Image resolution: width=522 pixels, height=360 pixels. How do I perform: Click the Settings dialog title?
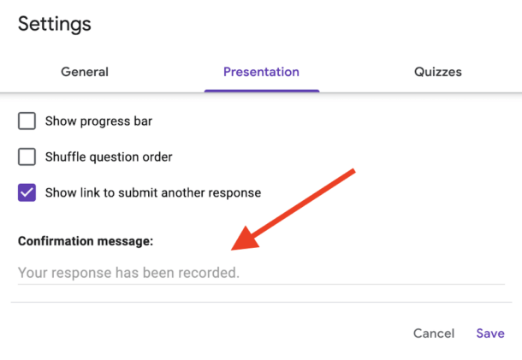click(x=55, y=24)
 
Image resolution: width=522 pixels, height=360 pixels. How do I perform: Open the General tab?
click(x=85, y=72)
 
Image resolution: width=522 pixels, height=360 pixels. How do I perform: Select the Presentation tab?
click(x=261, y=72)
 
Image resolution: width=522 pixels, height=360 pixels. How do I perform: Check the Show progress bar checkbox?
click(x=27, y=121)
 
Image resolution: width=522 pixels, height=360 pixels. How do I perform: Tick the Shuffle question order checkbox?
click(x=27, y=156)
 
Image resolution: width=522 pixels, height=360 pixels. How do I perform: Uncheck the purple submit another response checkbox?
click(x=27, y=192)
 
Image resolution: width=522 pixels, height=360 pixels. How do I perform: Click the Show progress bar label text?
click(x=98, y=121)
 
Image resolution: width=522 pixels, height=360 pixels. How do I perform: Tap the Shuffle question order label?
click(x=109, y=157)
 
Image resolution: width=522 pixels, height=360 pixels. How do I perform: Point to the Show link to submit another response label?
click(x=153, y=193)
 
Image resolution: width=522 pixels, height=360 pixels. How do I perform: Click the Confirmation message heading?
click(x=86, y=241)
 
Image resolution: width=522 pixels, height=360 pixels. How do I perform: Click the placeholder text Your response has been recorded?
click(x=128, y=274)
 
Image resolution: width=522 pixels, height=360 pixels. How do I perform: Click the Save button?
click(x=490, y=333)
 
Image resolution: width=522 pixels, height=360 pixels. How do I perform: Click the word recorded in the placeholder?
click(x=212, y=274)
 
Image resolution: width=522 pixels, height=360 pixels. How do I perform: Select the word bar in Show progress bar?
click(x=142, y=121)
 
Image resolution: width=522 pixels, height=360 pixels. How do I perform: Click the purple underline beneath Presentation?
click(x=261, y=90)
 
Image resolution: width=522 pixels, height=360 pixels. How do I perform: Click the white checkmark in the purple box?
click(x=27, y=192)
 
